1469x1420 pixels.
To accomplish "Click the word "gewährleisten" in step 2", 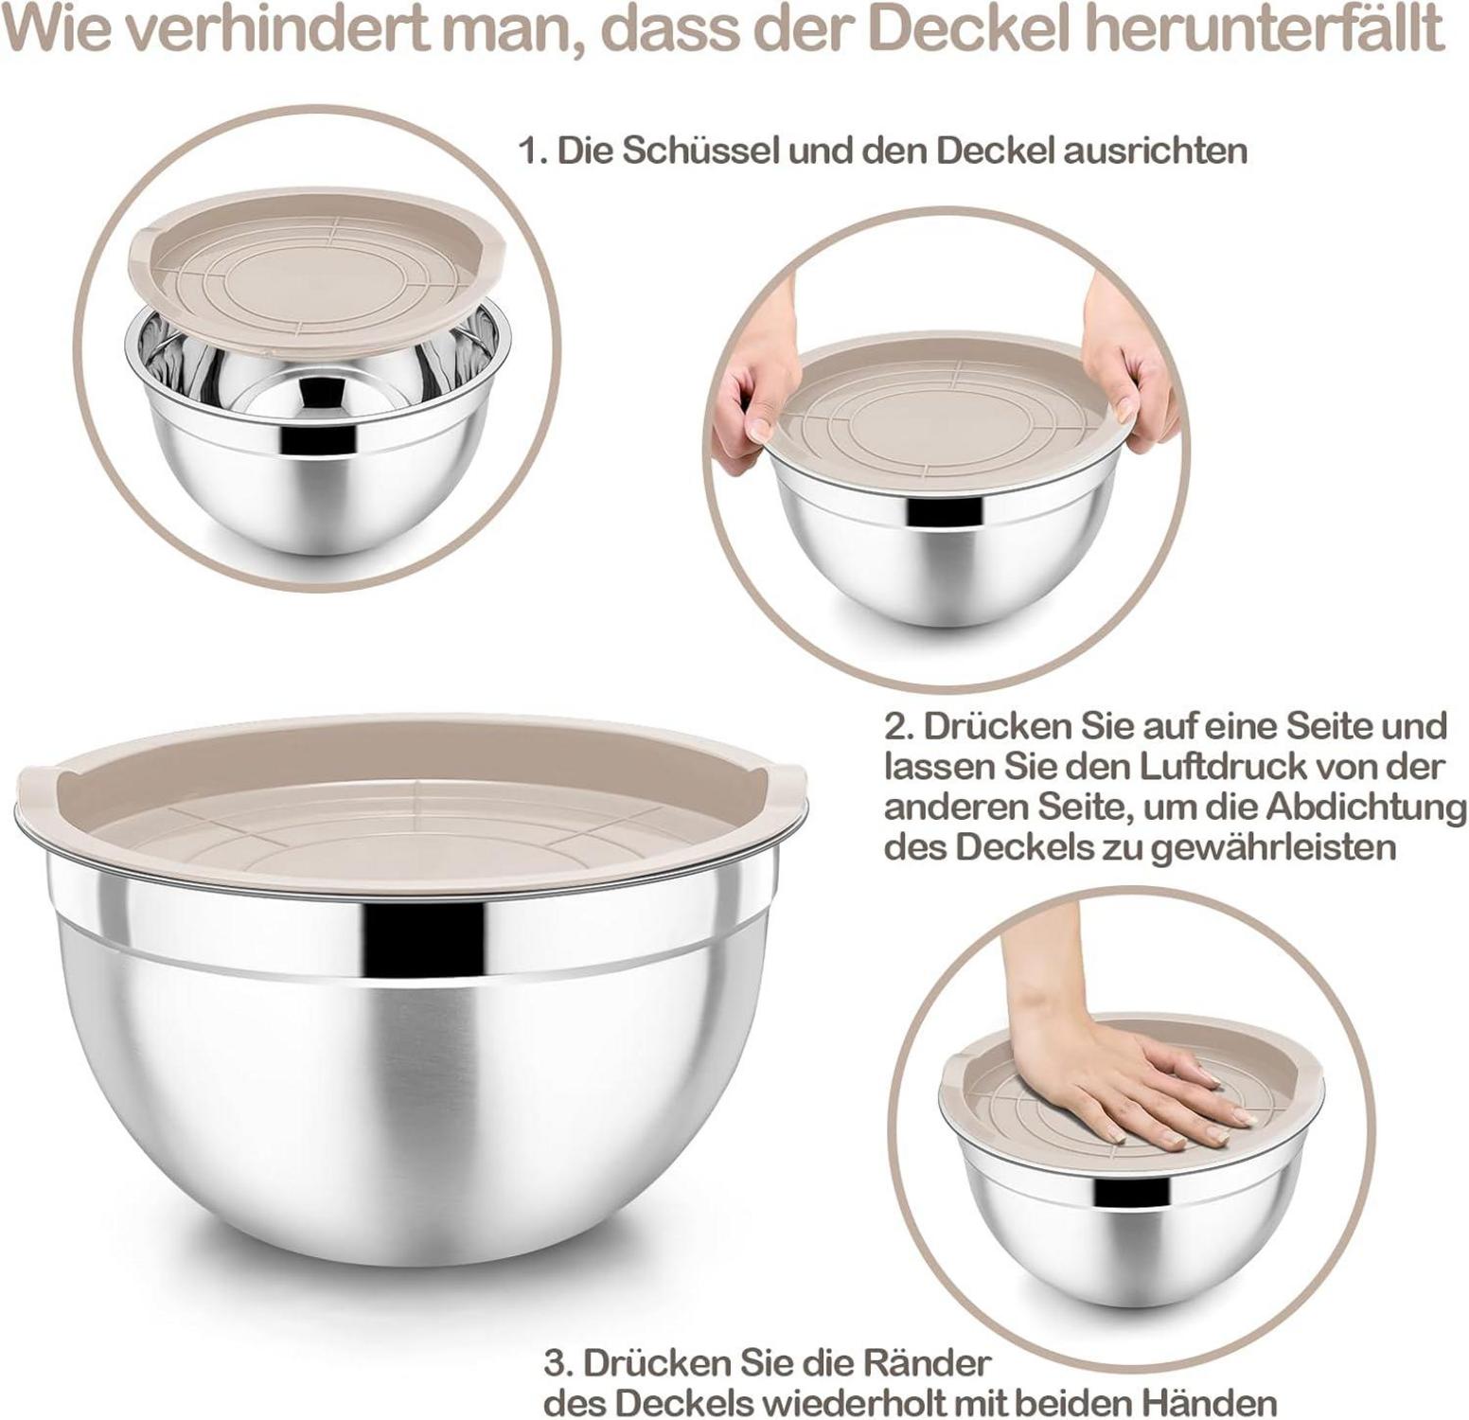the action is (1275, 848).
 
